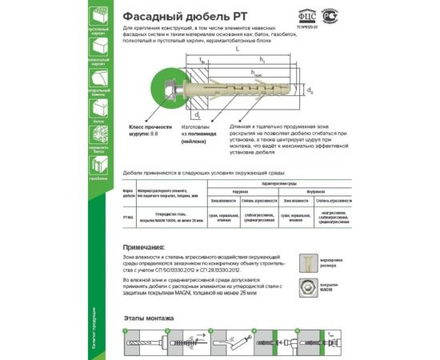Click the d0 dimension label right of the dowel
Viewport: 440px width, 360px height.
click(x=310, y=90)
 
